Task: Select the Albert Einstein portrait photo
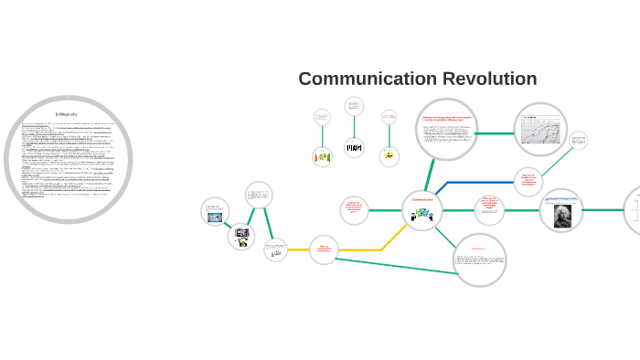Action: click(560, 212)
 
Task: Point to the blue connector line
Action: click(475, 183)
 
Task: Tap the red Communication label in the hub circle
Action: click(422, 199)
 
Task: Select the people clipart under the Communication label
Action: click(422, 215)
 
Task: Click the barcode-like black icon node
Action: click(354, 147)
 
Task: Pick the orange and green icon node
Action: click(322, 156)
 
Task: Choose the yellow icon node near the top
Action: click(389, 154)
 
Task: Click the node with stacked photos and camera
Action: click(241, 236)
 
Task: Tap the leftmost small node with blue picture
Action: click(215, 211)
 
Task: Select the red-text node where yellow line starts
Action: click(324, 249)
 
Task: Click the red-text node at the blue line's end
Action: click(528, 182)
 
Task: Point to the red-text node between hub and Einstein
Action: click(489, 210)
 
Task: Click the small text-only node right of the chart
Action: click(578, 141)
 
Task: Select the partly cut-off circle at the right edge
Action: click(634, 210)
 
